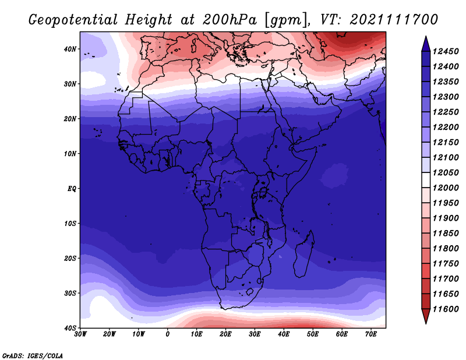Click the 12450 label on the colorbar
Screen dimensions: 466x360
(x=446, y=51)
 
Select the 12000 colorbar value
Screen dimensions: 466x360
(x=446, y=188)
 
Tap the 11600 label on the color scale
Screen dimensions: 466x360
(x=446, y=309)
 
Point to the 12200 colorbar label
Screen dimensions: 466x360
(x=446, y=127)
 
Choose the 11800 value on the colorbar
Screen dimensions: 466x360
(x=446, y=249)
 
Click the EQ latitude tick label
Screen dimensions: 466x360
(x=72, y=189)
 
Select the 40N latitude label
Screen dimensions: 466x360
(x=70, y=49)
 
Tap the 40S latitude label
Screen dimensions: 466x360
(x=70, y=328)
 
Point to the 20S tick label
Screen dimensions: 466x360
(x=70, y=258)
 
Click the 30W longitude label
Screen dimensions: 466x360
(x=80, y=334)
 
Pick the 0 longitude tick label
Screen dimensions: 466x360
(x=168, y=334)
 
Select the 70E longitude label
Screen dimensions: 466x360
(x=371, y=334)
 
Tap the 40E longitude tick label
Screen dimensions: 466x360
(x=284, y=334)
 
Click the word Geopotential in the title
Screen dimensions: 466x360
(x=73, y=20)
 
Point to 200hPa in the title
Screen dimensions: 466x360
(x=230, y=20)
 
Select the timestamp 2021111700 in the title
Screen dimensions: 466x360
(x=394, y=20)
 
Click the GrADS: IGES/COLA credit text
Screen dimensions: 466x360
(x=32, y=355)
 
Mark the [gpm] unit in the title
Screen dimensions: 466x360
(x=287, y=20)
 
